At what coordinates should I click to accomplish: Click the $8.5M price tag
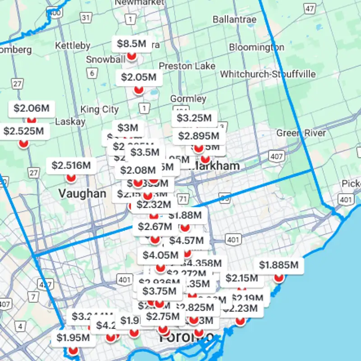[131, 44]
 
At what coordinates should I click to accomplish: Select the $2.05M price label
[139, 77]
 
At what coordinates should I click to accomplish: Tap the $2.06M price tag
[31, 108]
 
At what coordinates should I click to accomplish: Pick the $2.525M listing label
[23, 131]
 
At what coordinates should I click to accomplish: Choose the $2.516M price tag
[71, 166]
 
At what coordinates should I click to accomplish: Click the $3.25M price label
[194, 118]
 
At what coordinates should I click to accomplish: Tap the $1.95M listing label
[73, 338]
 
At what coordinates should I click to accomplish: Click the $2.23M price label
[240, 309]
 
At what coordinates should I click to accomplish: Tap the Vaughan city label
[82, 194]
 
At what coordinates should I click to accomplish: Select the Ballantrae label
[234, 20]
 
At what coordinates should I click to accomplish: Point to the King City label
[99, 109]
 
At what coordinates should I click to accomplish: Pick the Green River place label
[301, 133]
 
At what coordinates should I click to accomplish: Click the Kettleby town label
[72, 46]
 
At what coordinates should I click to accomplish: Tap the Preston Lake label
[187, 66]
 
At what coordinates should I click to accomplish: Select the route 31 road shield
[86, 17]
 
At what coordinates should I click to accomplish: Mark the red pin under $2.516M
[71, 178]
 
